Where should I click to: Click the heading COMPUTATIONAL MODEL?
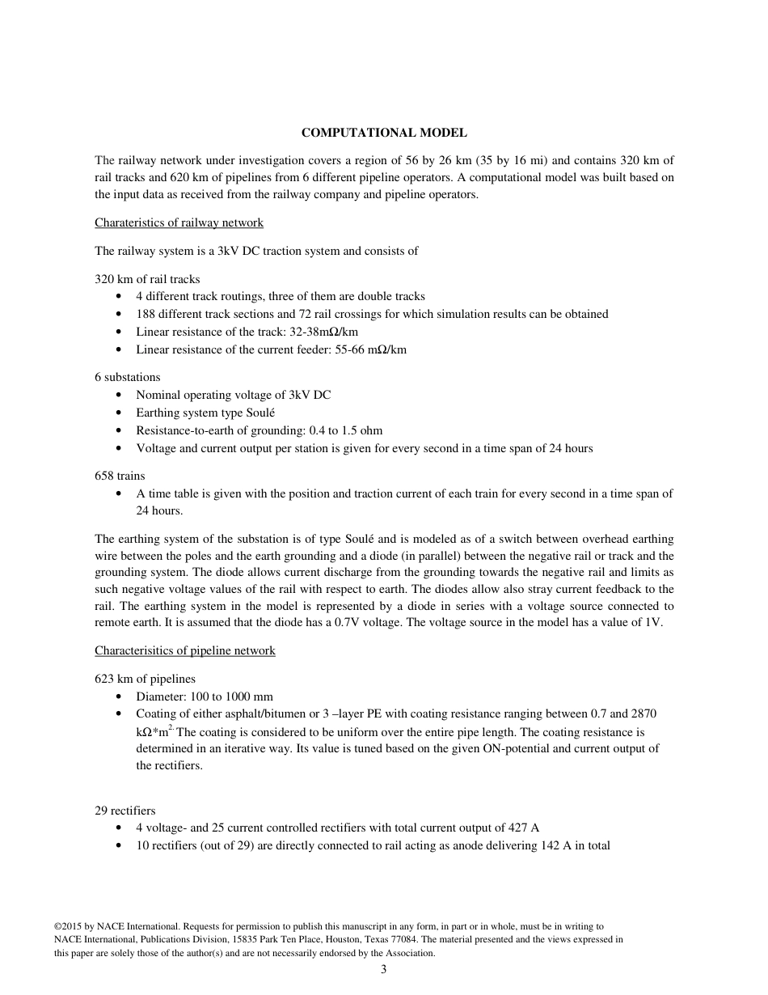click(x=384, y=132)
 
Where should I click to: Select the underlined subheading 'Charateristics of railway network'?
click(x=179, y=222)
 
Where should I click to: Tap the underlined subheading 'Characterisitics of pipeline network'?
click(x=184, y=650)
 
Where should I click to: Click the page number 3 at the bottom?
click(x=384, y=970)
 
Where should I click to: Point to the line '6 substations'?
click(x=128, y=377)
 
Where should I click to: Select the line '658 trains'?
click(x=120, y=476)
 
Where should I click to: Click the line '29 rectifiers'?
click(x=125, y=811)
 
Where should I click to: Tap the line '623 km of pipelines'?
click(x=145, y=679)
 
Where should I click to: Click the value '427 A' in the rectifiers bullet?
click(x=523, y=828)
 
